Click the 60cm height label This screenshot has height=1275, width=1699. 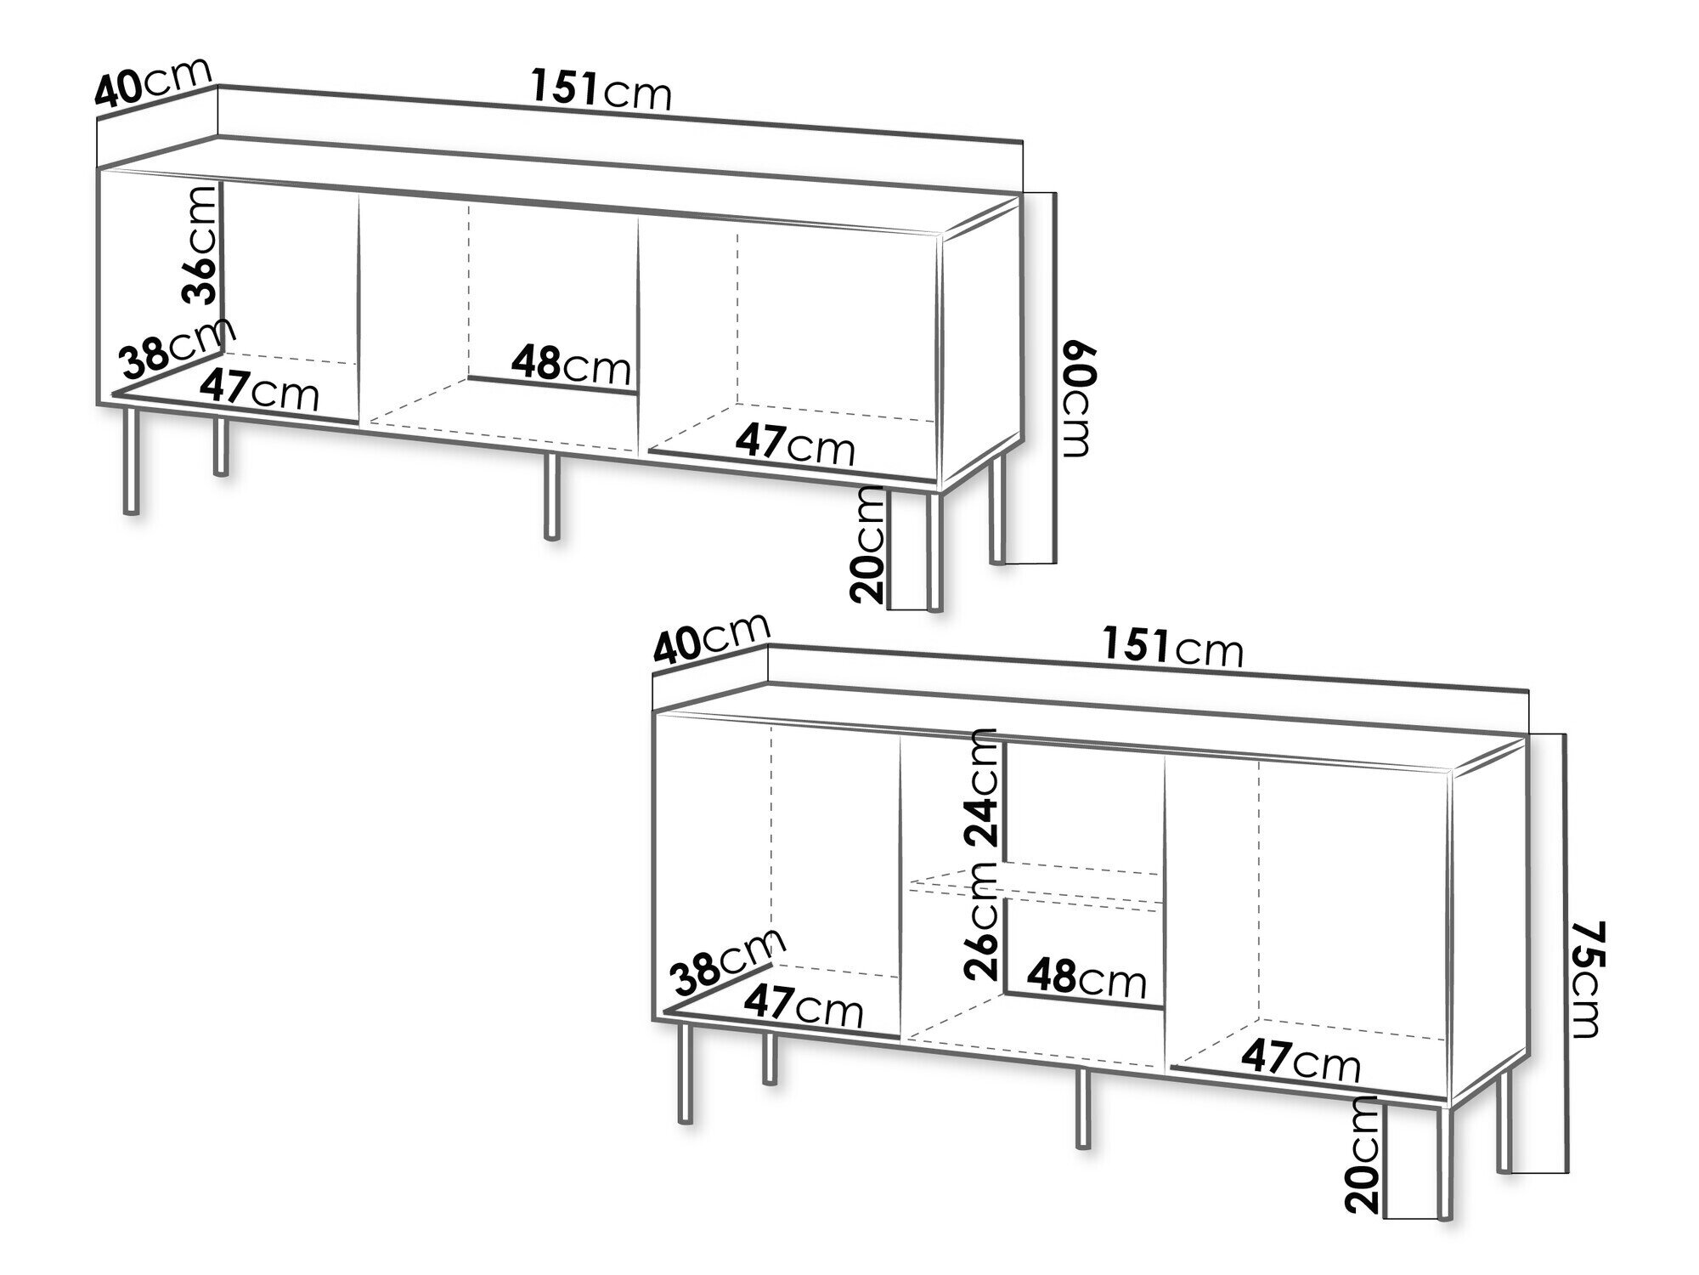tap(1076, 400)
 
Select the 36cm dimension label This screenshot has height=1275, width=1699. tap(200, 245)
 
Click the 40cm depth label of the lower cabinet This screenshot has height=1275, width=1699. tap(711, 638)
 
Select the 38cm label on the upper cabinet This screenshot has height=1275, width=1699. tap(178, 348)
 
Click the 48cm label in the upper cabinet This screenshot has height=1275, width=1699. tap(572, 366)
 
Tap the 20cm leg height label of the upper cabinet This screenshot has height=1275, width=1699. tap(867, 545)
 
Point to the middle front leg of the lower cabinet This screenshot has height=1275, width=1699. tap(1082, 1108)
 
